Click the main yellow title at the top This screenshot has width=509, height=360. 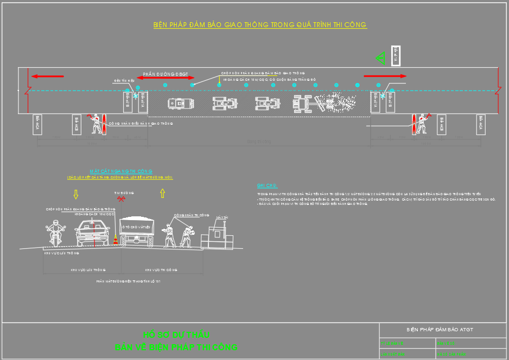click(x=260, y=25)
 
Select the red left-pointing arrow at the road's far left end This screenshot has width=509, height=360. click(x=47, y=76)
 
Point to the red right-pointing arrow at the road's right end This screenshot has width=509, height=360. click(x=385, y=76)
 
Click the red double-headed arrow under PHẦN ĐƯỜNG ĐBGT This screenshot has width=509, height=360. click(x=165, y=79)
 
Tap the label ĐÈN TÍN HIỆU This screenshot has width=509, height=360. click(x=124, y=80)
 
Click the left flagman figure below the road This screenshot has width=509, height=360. click(x=96, y=124)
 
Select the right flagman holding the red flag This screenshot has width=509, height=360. click(x=422, y=123)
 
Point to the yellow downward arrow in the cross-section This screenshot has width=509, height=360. click(x=76, y=194)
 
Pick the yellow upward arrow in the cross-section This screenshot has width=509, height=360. click(x=162, y=194)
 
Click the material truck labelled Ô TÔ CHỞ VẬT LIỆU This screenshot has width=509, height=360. click(x=137, y=233)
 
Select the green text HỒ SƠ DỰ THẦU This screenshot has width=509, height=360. click(x=176, y=335)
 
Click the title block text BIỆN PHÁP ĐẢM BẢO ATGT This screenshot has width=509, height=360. click(x=440, y=330)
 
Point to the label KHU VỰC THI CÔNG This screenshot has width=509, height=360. click(x=161, y=269)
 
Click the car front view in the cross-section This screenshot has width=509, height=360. click(x=93, y=233)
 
